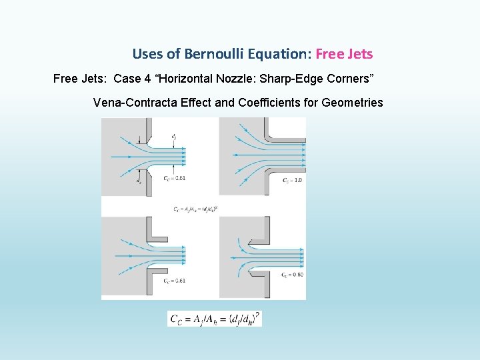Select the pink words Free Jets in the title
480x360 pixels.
tap(344, 54)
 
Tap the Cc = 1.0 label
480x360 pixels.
tap(293, 180)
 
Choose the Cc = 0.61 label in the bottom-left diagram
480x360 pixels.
tap(175, 281)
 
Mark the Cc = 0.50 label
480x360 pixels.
tap(293, 275)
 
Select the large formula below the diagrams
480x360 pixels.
tap(215, 319)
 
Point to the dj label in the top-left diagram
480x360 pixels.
tap(173, 136)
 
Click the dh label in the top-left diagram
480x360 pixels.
tap(139, 180)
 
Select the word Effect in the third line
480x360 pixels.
tap(189, 103)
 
